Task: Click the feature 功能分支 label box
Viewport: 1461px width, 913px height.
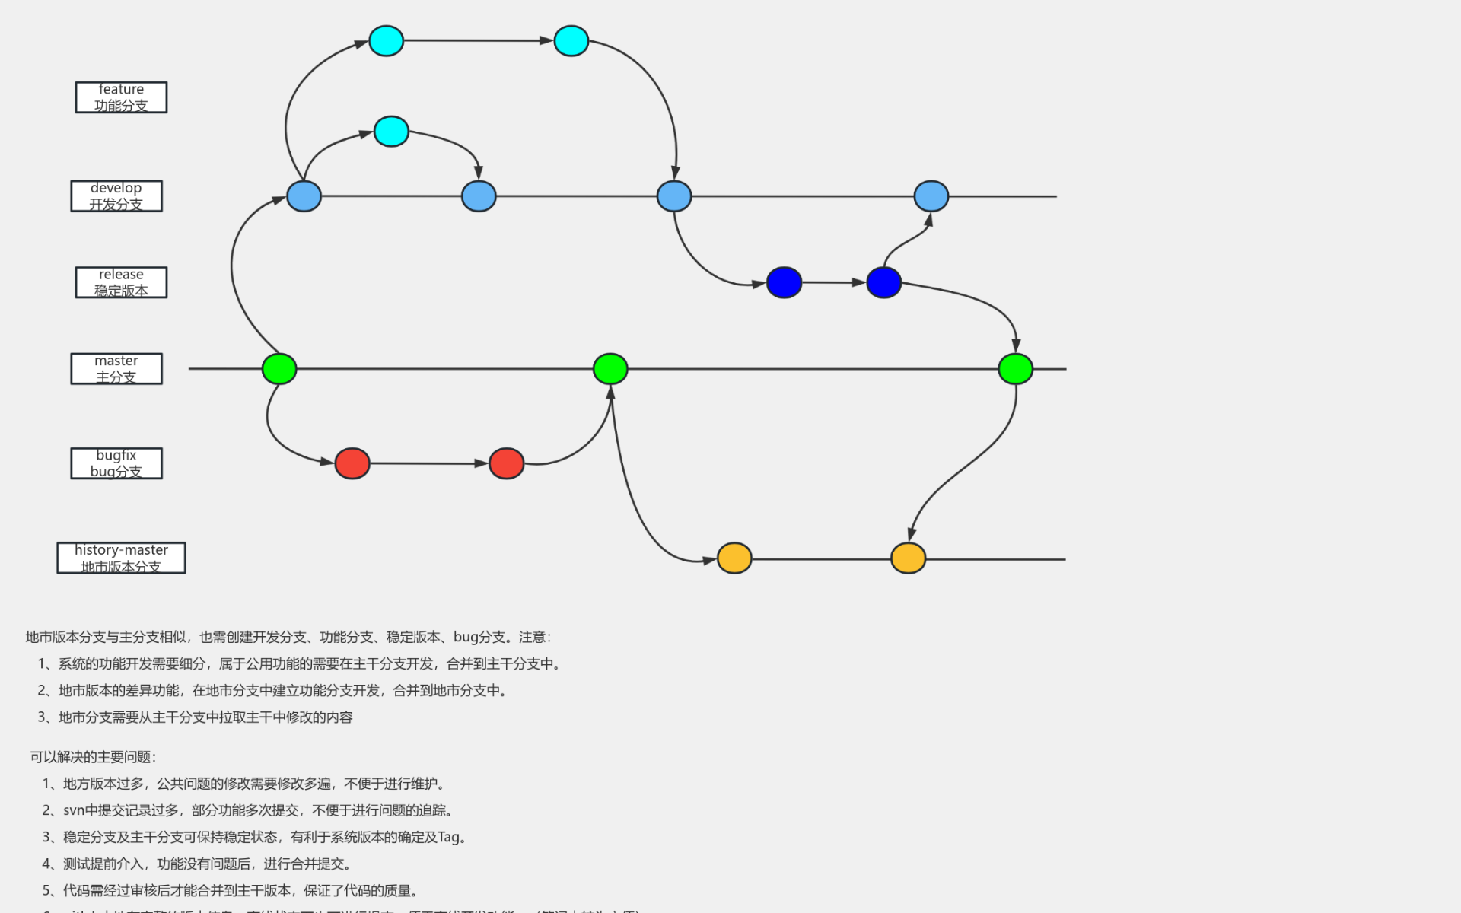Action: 121,97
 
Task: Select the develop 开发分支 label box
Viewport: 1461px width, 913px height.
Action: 116,196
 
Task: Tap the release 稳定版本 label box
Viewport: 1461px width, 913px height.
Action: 121,282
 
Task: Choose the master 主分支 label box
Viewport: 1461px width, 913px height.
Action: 116,369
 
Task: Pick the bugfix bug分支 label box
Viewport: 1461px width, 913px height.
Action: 116,463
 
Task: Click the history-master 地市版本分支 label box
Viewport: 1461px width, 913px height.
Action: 121,558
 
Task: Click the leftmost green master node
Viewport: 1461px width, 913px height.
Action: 279,369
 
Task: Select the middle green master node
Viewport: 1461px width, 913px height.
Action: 610,369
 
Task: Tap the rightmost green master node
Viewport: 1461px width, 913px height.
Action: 1015,369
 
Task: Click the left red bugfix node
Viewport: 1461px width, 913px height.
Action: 352,463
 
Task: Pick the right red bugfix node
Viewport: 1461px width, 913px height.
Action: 507,463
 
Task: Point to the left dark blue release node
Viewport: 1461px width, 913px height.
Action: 784,282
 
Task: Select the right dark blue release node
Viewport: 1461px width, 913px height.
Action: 883,282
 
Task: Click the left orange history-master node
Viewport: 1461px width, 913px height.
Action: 734,558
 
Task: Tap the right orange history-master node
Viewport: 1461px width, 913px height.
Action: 908,558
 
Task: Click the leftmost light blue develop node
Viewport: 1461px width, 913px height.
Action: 304,196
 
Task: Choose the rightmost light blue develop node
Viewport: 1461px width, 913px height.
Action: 931,196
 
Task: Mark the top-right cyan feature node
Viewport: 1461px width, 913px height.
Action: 571,41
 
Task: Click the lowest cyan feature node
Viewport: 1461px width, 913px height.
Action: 391,132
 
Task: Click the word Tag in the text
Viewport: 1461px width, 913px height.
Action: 449,837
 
